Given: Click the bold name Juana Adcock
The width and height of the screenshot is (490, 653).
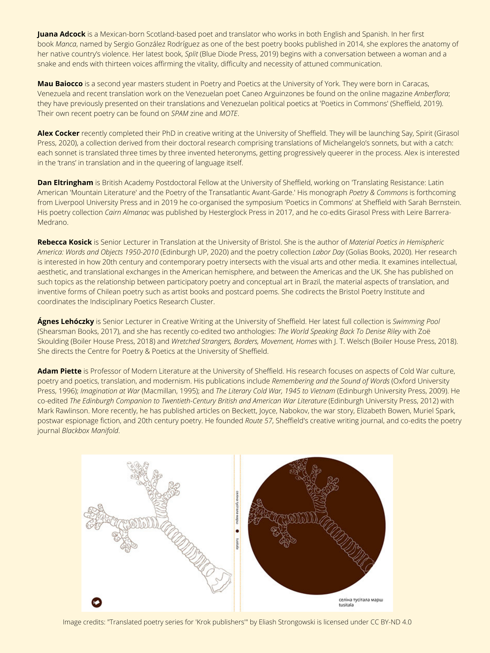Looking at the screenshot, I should [x=61, y=34].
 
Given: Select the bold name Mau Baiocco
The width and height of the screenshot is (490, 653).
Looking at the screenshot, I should [x=60, y=84].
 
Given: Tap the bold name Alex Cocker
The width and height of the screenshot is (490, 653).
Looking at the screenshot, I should [x=58, y=133].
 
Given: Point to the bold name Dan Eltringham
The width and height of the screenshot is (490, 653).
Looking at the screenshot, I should [x=65, y=183].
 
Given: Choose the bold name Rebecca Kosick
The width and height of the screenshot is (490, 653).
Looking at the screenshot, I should [x=64, y=242].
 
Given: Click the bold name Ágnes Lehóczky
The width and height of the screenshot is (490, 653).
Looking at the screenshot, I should [x=66, y=321].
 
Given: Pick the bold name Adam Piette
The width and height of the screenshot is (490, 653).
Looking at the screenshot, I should [x=59, y=371].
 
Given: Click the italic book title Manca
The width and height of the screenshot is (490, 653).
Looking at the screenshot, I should [x=66, y=44].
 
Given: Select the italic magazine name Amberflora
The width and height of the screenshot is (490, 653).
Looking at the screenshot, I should [x=431, y=94].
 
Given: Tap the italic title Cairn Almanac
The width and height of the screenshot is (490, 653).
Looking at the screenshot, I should [x=127, y=213].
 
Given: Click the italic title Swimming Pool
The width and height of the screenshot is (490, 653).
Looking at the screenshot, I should [x=416, y=321].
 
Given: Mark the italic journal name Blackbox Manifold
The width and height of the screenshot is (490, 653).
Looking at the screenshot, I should [x=90, y=431].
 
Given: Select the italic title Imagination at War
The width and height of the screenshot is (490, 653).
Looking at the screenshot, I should [x=110, y=391].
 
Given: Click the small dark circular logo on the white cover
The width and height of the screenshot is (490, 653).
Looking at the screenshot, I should [x=97, y=602].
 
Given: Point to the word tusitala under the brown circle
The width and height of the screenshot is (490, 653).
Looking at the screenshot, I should [x=346, y=605].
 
